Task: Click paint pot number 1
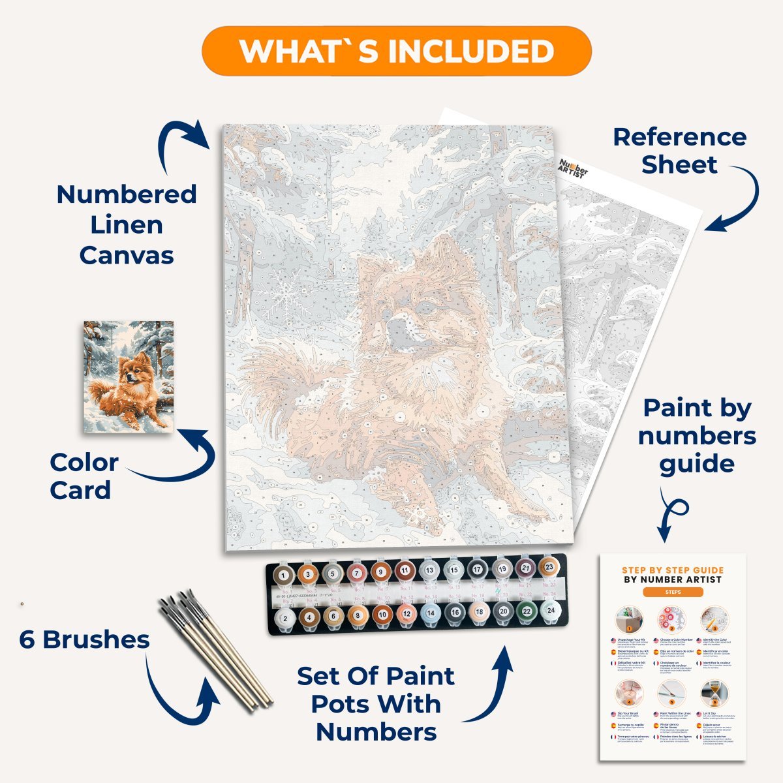pyautogui.click(x=283, y=576)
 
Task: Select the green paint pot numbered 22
pyautogui.click(x=527, y=612)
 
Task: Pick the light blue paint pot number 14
pyautogui.click(x=429, y=613)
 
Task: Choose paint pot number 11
pyautogui.click(x=405, y=570)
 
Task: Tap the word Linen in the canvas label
pyautogui.click(x=127, y=225)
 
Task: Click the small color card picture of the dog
pyautogui.click(x=129, y=376)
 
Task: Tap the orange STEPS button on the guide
pyautogui.click(x=673, y=592)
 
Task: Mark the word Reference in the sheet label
pyautogui.click(x=679, y=137)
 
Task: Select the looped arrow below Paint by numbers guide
pyautogui.click(x=671, y=512)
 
